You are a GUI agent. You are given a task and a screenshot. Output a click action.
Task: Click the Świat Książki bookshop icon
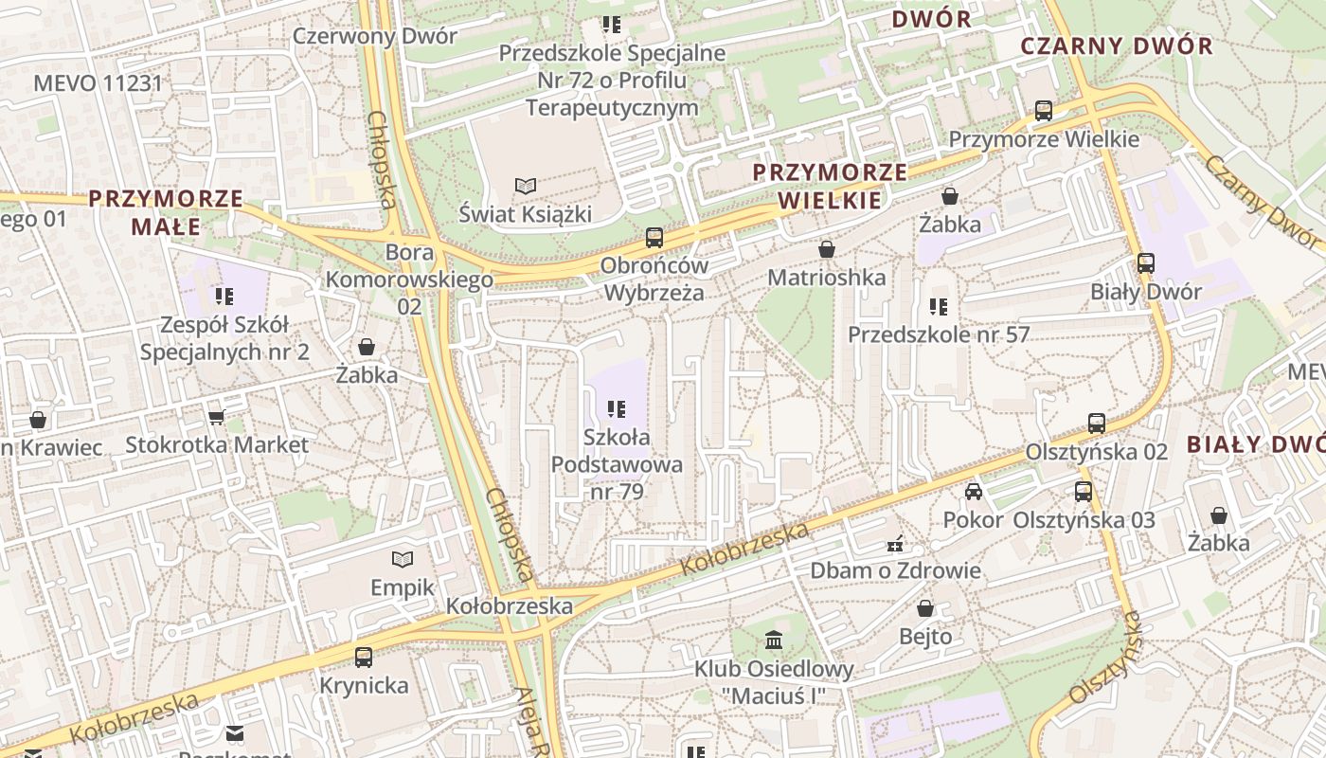tap(526, 186)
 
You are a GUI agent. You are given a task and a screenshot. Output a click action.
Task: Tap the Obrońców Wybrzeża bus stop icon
tap(654, 237)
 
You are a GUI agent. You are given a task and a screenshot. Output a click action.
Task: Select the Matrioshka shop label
tap(827, 278)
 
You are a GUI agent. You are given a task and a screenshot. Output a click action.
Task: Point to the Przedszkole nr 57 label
tap(938, 334)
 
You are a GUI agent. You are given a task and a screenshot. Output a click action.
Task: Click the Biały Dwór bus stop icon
tap(1146, 263)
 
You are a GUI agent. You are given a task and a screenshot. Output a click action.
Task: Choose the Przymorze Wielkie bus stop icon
tap(1044, 111)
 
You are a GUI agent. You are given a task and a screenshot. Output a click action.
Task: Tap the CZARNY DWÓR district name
tap(1116, 45)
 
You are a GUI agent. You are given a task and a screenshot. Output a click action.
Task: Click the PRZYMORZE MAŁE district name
tap(166, 212)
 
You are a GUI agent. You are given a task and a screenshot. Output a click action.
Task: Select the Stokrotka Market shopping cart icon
tap(216, 417)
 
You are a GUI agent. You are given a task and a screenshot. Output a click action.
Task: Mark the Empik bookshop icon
tap(403, 559)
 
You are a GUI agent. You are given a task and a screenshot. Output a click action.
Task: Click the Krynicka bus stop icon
tap(364, 657)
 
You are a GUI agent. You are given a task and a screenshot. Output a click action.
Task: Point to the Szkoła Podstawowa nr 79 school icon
tap(617, 409)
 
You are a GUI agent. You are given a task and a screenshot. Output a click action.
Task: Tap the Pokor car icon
tap(973, 492)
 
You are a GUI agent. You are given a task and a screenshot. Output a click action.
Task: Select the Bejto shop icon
tap(925, 608)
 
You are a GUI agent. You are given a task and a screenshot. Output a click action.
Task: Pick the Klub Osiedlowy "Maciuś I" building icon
tap(774, 641)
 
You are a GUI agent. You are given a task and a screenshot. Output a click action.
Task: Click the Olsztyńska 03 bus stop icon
tap(1084, 492)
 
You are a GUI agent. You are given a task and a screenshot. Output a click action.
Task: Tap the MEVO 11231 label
tap(99, 83)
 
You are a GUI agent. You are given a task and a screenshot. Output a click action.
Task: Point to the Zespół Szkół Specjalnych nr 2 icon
tap(224, 297)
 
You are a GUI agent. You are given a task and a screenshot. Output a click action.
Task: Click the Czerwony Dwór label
tap(375, 36)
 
